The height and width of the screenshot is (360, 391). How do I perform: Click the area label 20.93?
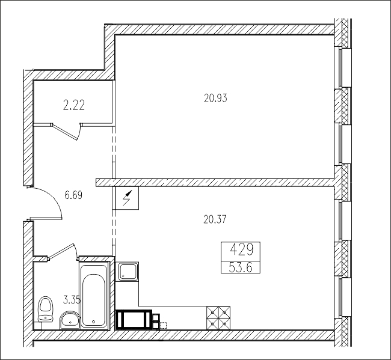pos(215,98)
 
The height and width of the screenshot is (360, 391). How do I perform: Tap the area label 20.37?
pos(215,219)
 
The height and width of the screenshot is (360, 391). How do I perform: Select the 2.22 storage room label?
pos(74,105)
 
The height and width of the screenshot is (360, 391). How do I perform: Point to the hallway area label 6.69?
pos(73,195)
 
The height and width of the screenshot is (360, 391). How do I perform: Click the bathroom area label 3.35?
pos(72,301)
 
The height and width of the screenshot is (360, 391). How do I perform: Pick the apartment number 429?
pos(241,249)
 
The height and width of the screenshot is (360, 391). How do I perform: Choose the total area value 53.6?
pos(241,267)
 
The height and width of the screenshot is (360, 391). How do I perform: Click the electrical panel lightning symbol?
pos(127,198)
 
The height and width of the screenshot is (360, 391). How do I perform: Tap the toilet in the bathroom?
pos(45,309)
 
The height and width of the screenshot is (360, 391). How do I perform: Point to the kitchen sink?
pos(128,271)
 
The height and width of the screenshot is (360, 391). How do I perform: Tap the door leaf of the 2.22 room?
pos(64,132)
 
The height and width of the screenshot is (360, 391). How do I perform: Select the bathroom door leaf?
pos(61,251)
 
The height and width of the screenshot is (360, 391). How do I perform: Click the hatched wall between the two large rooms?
pos(215,182)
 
